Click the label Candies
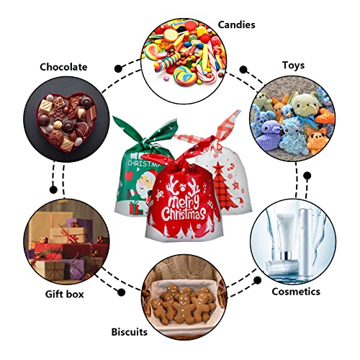click(236, 24)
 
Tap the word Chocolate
click(63, 67)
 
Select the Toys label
click(293, 66)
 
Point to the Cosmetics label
click(296, 292)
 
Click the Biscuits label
click(130, 332)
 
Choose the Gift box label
click(64, 294)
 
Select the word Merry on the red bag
click(184, 201)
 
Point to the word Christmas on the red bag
click(184, 214)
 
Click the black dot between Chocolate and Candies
click(118, 68)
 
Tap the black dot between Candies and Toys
click(243, 70)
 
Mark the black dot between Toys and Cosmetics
click(307, 176)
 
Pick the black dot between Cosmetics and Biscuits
click(257, 280)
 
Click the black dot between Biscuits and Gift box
click(121, 292)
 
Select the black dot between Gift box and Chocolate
click(53, 189)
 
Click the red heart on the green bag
click(129, 176)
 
